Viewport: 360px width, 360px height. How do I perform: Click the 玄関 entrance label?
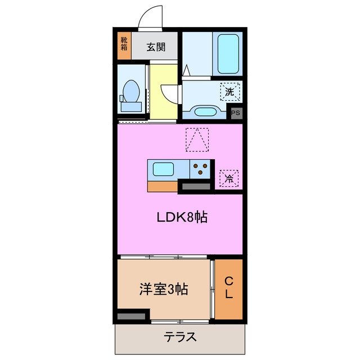pos(156,47)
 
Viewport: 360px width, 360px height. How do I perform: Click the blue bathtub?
pos(228,53)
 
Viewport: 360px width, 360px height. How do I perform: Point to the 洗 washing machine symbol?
pos(229,91)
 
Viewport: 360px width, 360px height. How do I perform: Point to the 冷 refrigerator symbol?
pos(229,178)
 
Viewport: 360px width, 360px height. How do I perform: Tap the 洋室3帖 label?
pos(163,290)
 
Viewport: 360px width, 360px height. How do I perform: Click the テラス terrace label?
pos(180,337)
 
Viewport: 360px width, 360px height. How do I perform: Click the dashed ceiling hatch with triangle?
pos(197,139)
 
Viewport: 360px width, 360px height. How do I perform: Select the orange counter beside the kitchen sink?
pos(163,187)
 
